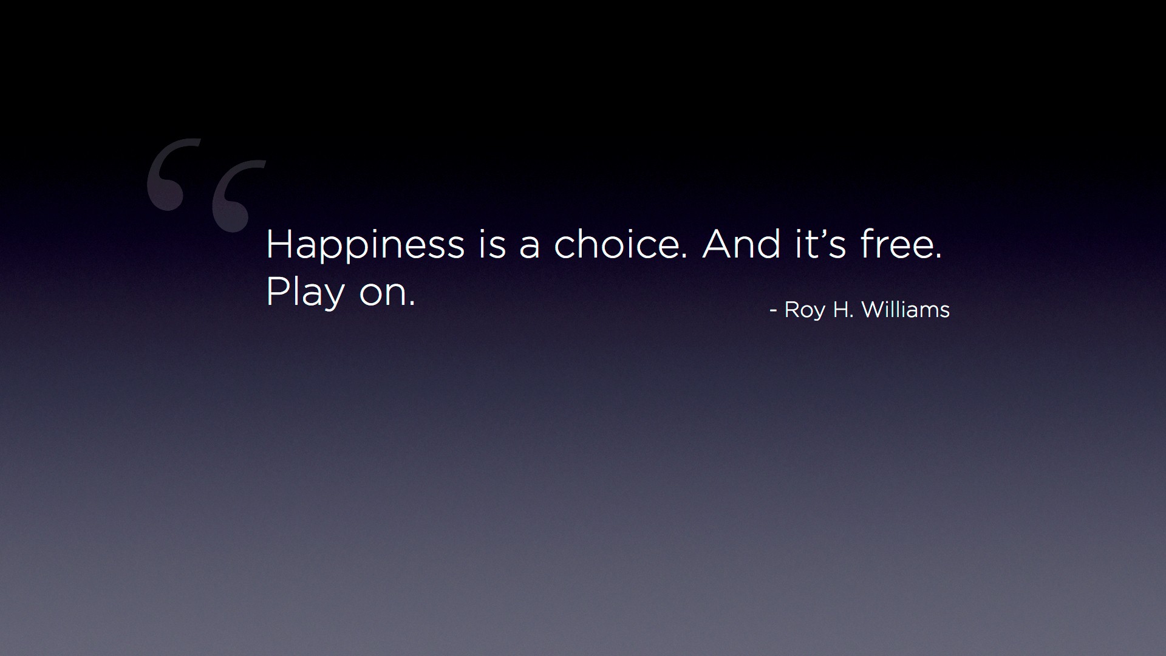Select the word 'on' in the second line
point(383,295)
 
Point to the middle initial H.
point(840,310)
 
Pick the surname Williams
point(905,310)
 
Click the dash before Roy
point(773,311)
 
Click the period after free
point(939,256)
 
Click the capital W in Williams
point(873,310)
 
